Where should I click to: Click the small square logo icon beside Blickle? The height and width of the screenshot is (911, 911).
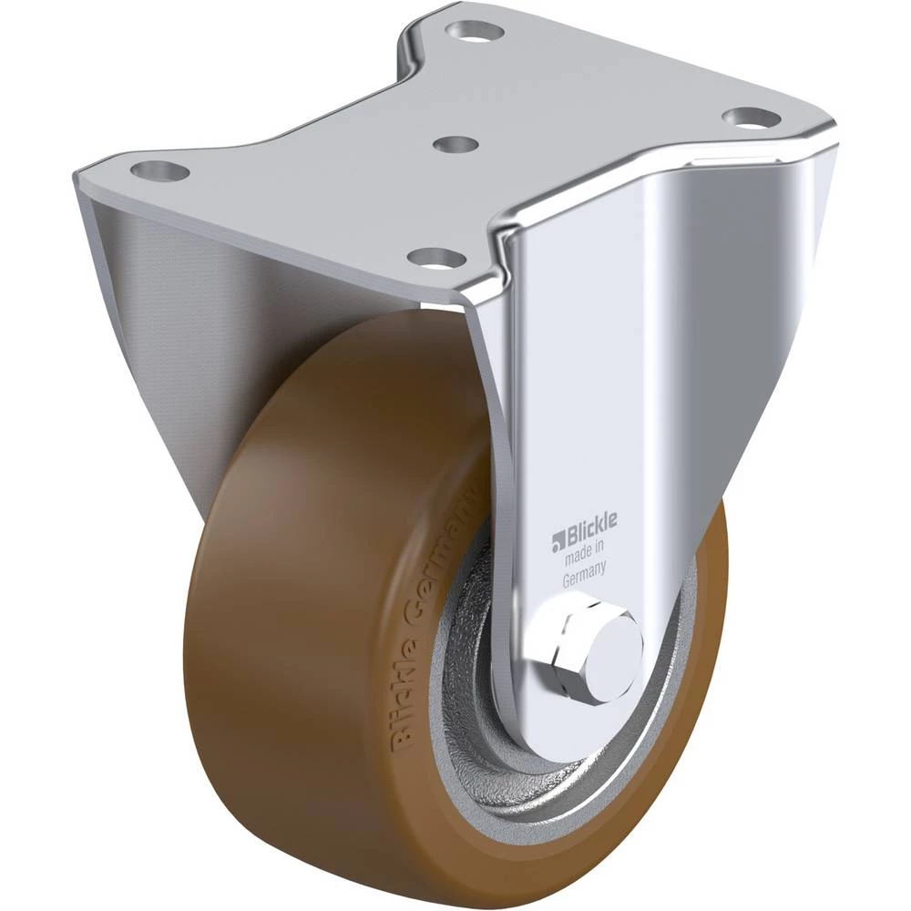558,540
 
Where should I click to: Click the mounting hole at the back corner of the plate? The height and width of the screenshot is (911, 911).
476,29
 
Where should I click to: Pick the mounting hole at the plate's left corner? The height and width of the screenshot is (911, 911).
159,170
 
